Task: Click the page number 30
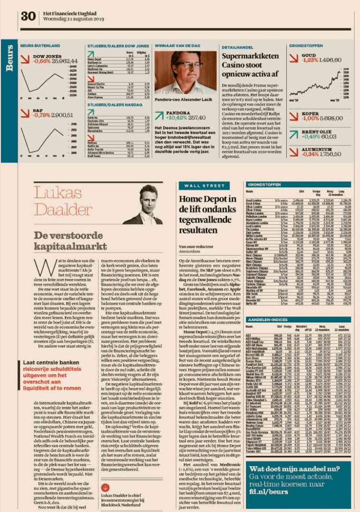coord(28,17)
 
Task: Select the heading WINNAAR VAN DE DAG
coord(174,46)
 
